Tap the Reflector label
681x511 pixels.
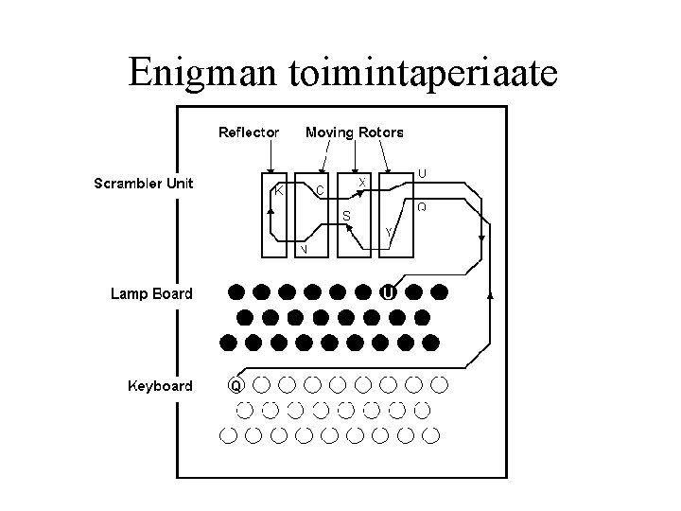pyautogui.click(x=249, y=132)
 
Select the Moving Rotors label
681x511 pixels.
pyautogui.click(x=354, y=132)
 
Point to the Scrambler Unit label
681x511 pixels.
pyautogui.click(x=144, y=184)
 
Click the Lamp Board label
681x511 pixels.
pyautogui.click(x=151, y=293)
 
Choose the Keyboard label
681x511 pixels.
pyautogui.click(x=160, y=385)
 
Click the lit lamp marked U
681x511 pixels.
pyautogui.click(x=388, y=292)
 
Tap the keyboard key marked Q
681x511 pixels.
pyautogui.click(x=236, y=385)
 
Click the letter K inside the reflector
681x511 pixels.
pyautogui.click(x=279, y=189)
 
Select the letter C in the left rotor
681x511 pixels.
pyautogui.click(x=320, y=190)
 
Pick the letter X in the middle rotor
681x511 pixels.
pyautogui.click(x=363, y=180)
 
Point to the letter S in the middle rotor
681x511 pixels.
pyautogui.click(x=346, y=216)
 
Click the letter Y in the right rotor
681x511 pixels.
pyautogui.click(x=389, y=232)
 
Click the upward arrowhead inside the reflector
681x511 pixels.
pyautogui.click(x=271, y=211)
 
